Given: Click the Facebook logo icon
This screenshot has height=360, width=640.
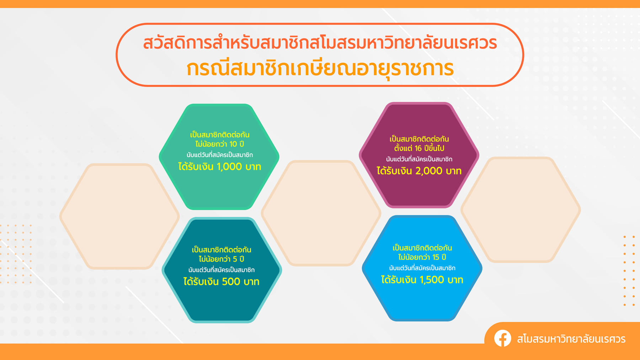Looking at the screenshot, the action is click(502, 338).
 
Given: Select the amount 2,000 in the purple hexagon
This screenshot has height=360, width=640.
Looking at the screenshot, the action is click(429, 171).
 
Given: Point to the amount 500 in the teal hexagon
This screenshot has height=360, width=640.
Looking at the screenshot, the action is click(231, 282).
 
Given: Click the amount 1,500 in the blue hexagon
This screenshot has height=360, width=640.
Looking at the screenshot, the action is click(432, 280).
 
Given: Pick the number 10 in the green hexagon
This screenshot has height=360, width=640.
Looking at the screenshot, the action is click(233, 144).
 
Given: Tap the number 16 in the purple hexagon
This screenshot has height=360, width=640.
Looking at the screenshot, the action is click(418, 149).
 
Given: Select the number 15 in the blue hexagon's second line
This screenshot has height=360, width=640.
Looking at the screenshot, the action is click(436, 257).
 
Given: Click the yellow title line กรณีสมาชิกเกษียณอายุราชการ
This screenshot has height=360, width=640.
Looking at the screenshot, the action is click(320, 69).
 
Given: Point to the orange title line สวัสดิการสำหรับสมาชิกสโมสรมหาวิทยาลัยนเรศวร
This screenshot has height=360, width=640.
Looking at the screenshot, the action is click(320, 43).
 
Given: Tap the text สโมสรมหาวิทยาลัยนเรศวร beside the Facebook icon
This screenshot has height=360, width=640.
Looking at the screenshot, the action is click(571, 339).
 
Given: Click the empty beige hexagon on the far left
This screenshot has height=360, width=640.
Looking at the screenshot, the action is click(119, 216).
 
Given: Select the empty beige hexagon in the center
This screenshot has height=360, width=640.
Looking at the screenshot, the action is click(321, 213).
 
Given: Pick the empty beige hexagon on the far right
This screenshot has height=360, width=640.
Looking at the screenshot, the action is click(521, 210).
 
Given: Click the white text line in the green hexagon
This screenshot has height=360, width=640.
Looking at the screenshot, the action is click(220, 155).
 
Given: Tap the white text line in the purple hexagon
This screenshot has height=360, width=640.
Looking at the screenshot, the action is click(419, 159).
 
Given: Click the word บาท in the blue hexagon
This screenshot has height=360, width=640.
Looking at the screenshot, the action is click(455, 280).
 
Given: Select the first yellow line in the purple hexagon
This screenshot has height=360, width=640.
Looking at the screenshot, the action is click(419, 139).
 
